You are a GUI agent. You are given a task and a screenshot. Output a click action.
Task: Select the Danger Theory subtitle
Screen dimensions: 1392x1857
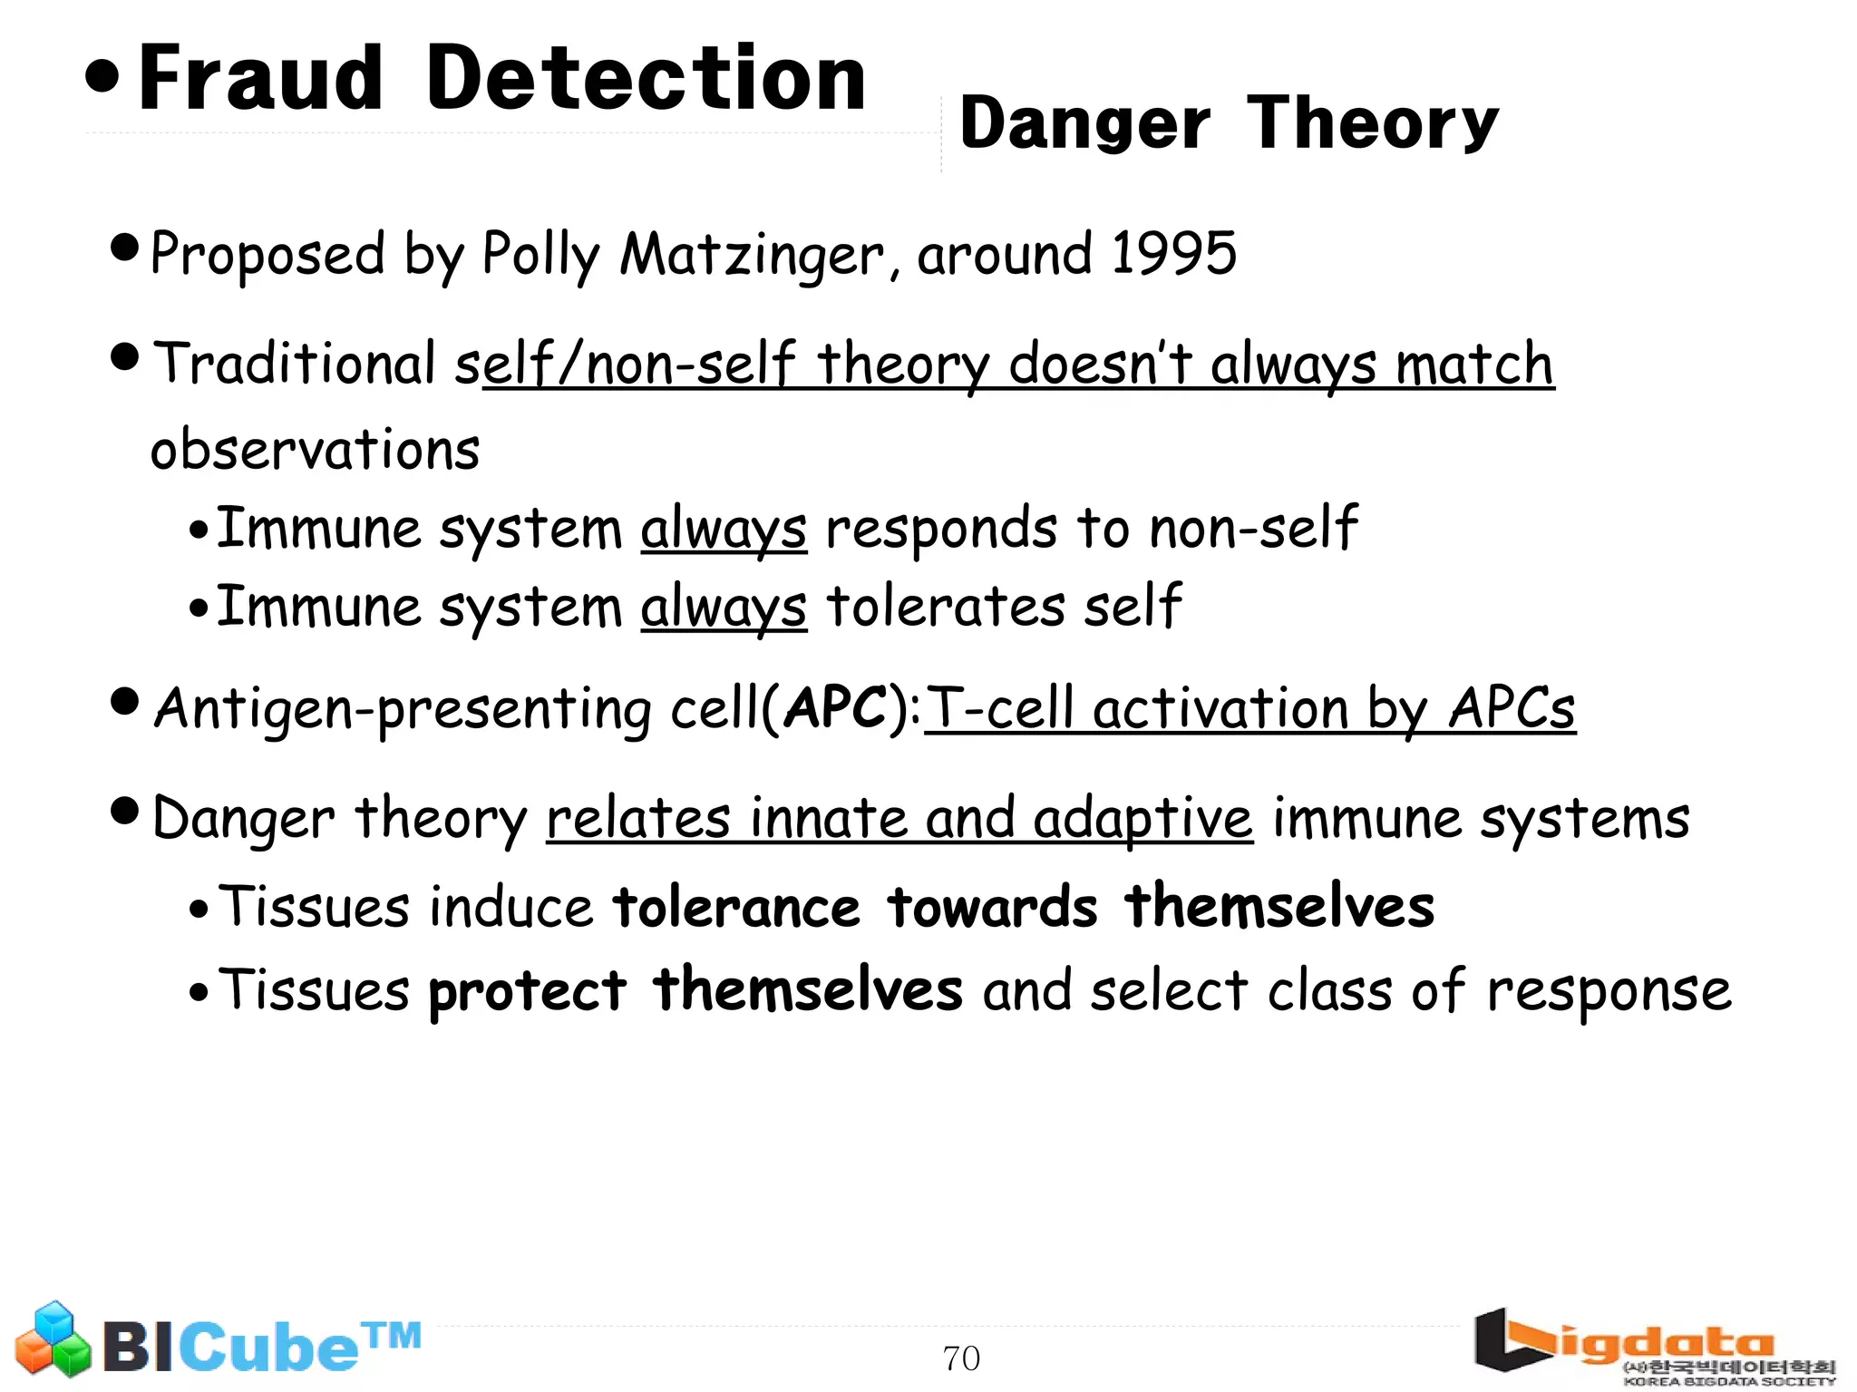(1228, 124)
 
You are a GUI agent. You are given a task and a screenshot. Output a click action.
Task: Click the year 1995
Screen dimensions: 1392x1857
(1173, 253)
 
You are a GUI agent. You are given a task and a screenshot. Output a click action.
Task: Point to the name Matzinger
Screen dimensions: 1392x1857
(752, 255)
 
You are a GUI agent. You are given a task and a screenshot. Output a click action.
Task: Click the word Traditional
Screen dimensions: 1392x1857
(294, 364)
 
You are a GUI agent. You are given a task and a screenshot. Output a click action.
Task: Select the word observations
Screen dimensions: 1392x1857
(315, 449)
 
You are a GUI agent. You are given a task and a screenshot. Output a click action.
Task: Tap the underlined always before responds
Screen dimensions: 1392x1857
(723, 529)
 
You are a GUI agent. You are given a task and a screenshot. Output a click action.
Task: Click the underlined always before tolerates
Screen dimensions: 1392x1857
(723, 607)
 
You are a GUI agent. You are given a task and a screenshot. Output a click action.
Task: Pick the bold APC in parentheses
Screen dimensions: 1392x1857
(835, 707)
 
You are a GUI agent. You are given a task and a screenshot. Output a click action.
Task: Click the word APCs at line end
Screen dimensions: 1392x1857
(1512, 708)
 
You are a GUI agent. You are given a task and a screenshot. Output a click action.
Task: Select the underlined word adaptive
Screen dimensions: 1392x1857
(1142, 819)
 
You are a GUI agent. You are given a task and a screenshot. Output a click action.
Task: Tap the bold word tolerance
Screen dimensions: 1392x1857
(736, 907)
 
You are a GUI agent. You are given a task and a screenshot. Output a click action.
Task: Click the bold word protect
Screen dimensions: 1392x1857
(527, 990)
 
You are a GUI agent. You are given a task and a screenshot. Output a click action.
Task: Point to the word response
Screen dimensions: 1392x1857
(1609, 990)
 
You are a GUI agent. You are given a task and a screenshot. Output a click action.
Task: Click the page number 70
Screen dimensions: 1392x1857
(961, 1358)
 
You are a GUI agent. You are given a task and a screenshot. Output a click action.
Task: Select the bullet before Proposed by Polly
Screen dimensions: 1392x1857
(124, 246)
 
